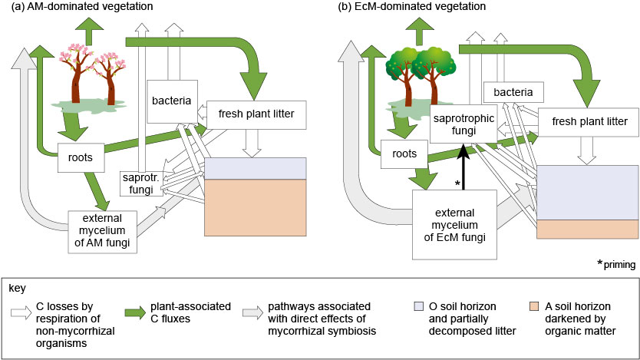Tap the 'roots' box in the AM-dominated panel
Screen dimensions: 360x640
81,158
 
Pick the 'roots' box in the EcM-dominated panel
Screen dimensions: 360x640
404,154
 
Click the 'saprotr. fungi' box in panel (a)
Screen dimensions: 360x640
138,183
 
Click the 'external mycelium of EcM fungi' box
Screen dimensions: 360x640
456,223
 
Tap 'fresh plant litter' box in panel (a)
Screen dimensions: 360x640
256,115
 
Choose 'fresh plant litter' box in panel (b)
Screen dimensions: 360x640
588,121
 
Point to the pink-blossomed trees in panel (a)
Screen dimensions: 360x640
91,78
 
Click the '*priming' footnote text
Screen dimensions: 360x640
616,264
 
